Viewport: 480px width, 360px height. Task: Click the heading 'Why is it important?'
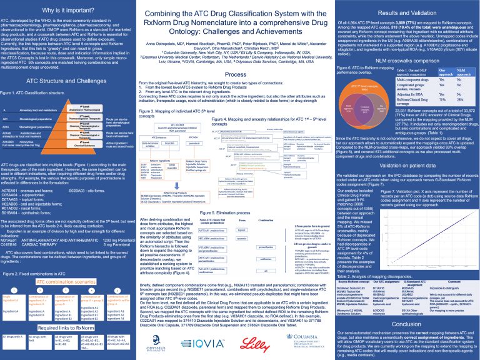[x=61, y=10]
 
